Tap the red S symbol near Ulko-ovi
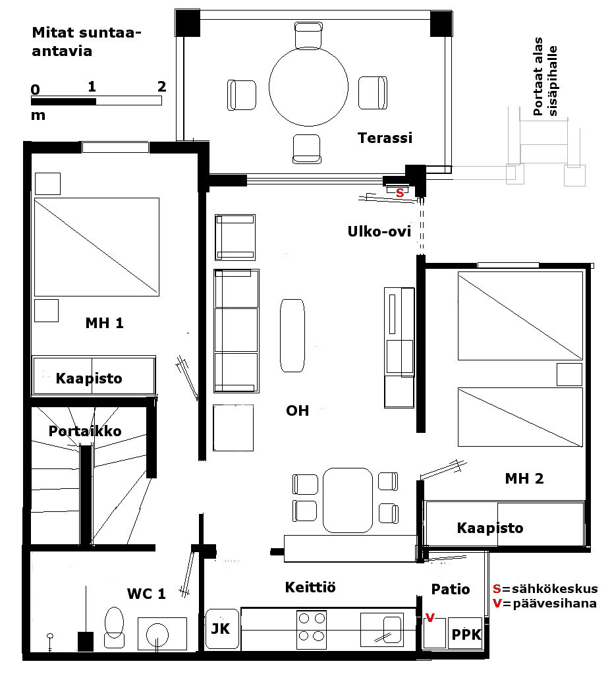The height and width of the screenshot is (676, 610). click(x=400, y=192)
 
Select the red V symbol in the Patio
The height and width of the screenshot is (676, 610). click(x=430, y=618)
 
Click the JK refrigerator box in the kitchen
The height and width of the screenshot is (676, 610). click(x=222, y=629)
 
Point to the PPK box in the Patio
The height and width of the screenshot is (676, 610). click(x=465, y=633)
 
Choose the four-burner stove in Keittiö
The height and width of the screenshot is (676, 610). click(x=312, y=629)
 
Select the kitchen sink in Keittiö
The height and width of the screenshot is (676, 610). click(x=382, y=629)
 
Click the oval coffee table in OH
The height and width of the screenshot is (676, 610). click(x=292, y=335)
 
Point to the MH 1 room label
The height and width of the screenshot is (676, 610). click(x=104, y=323)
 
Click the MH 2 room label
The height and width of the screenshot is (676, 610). click(x=524, y=478)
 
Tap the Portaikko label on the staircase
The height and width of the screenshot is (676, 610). click(x=85, y=431)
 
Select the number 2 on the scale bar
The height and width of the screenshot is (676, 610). click(x=161, y=87)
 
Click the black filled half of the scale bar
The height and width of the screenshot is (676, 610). click(x=64, y=101)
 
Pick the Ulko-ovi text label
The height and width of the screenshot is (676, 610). click(x=379, y=231)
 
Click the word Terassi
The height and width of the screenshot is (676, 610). click(x=385, y=138)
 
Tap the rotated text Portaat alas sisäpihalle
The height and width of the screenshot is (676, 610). click(x=545, y=77)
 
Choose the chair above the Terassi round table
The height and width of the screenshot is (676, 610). click(x=308, y=36)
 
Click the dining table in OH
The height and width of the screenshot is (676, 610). click(x=348, y=501)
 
